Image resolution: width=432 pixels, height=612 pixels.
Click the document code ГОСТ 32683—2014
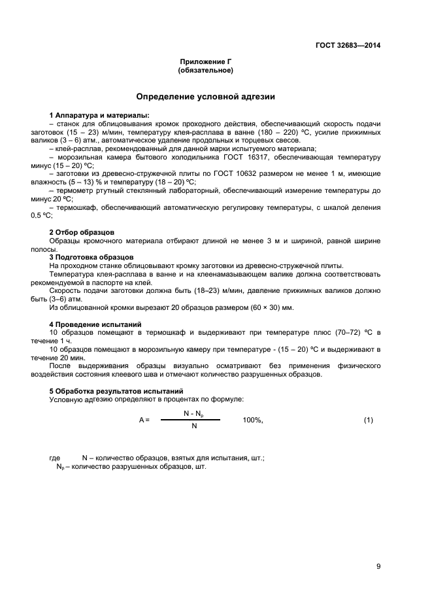pyautogui.click(x=348, y=46)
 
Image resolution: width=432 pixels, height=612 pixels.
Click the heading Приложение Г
pyautogui.click(x=205, y=61)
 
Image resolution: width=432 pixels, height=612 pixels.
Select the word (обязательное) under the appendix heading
pyautogui.click(x=205, y=70)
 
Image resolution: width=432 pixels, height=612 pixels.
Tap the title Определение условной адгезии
pyautogui.click(x=205, y=97)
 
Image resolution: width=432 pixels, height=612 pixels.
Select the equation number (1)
pyautogui.click(x=368, y=420)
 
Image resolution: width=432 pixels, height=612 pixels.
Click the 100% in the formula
pyautogui.click(x=253, y=420)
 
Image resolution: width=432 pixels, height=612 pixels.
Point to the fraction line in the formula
pyautogui.click(x=191, y=420)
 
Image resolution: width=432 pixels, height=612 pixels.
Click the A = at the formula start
pyautogui.click(x=144, y=420)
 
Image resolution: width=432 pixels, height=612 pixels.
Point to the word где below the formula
pyautogui.click(x=56, y=458)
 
